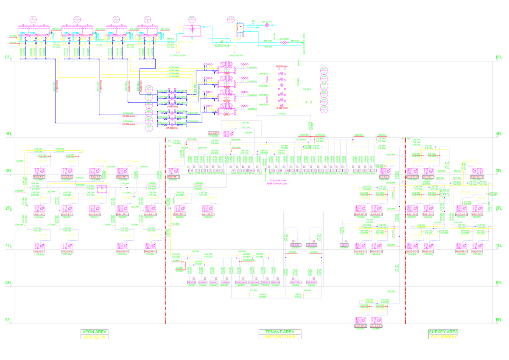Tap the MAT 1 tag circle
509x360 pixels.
pyautogui.click(x=192, y=19)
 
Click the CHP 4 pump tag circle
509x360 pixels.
pyautogui.click(x=324, y=70)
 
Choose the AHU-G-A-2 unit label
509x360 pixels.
pyautogui.click(x=67, y=252)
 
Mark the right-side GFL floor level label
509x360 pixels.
pyautogui.click(x=499, y=283)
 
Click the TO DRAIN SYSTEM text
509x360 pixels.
pyautogui.click(x=178, y=55)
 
